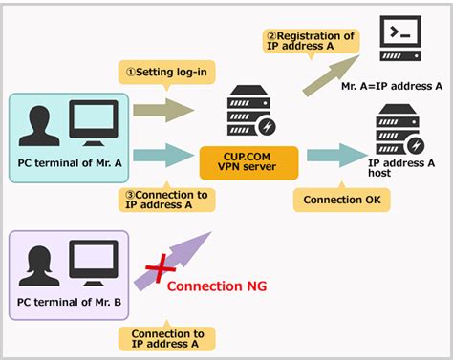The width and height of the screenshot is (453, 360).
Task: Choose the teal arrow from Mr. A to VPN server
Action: click(x=164, y=154)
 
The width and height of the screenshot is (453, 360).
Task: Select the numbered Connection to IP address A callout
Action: click(x=161, y=199)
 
